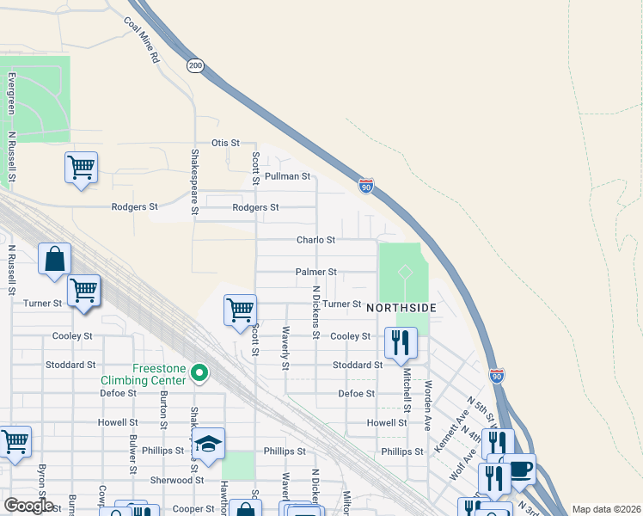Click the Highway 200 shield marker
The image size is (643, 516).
point(195,65)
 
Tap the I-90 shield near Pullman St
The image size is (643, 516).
point(366,185)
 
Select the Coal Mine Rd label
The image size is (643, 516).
point(143,40)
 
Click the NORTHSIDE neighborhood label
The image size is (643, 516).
point(401,308)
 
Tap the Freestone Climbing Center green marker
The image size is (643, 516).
point(199,372)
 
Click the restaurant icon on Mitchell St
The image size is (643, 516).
point(401,342)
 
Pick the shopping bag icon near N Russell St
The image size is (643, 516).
point(54,259)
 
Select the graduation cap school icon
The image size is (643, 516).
point(208,444)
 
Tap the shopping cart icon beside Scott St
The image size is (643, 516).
point(240,310)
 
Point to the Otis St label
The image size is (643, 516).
point(225,143)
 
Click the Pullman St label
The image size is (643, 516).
point(287,175)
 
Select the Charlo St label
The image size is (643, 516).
point(315,240)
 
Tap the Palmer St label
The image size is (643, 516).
point(315,272)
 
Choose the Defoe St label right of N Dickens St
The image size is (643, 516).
point(357,393)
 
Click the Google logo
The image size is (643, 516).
point(28,506)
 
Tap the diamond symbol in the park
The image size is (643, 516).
point(404,272)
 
